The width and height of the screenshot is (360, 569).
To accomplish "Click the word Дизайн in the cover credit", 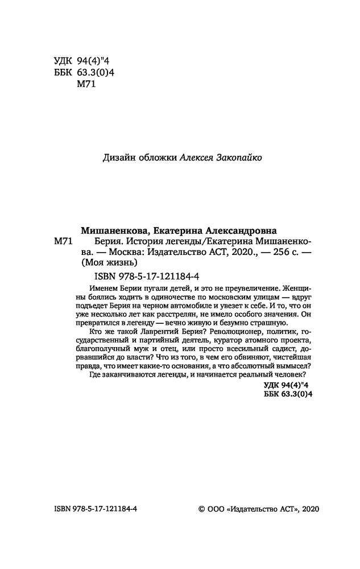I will pyautogui.click(x=117, y=159).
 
